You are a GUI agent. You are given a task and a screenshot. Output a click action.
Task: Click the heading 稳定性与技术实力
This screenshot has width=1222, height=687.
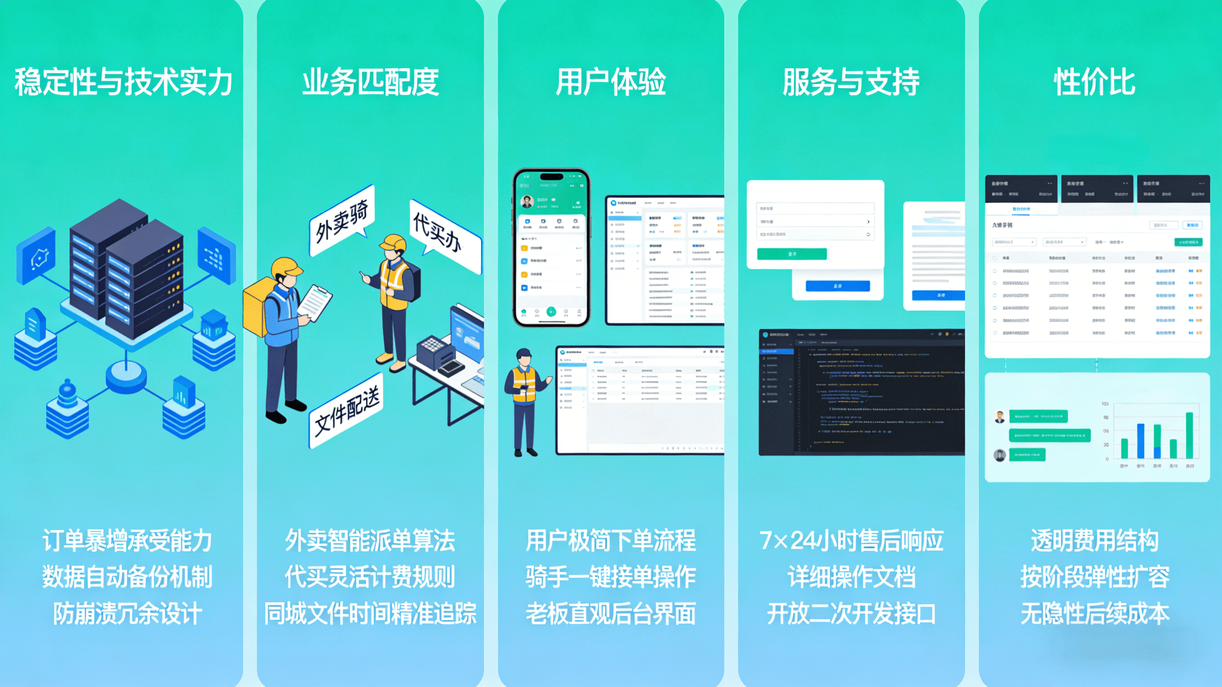pos(124,82)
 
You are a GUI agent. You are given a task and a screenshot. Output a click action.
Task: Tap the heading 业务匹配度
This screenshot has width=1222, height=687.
pos(371,82)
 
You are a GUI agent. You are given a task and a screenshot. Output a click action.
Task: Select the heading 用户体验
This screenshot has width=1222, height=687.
pos(611,82)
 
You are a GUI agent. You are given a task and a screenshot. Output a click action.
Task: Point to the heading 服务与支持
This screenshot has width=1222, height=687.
pos(851,82)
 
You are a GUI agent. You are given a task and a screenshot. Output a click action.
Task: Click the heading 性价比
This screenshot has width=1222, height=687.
pos(1094,82)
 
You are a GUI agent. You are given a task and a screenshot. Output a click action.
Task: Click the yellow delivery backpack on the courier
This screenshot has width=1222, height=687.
pos(256,306)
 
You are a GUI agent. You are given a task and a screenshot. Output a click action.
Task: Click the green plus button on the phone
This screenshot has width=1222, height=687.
pos(551,311)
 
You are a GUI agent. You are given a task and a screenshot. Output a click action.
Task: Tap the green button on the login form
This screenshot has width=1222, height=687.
pos(792,254)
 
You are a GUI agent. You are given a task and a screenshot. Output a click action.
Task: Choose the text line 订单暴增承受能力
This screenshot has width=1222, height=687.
pos(127,540)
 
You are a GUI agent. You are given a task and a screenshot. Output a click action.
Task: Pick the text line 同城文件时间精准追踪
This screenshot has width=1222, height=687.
pos(371,614)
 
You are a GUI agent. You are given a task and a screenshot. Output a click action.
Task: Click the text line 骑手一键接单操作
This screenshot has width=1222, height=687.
pos(611,577)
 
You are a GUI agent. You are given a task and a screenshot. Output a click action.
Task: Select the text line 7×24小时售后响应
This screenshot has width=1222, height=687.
pos(851,540)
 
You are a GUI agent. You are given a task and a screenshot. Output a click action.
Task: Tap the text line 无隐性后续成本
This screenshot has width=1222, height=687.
pos(1094,614)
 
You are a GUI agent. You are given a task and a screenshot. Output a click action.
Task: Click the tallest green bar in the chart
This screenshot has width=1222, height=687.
pos(1189,435)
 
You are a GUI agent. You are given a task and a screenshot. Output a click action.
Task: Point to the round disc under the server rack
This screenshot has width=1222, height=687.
pos(126,375)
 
